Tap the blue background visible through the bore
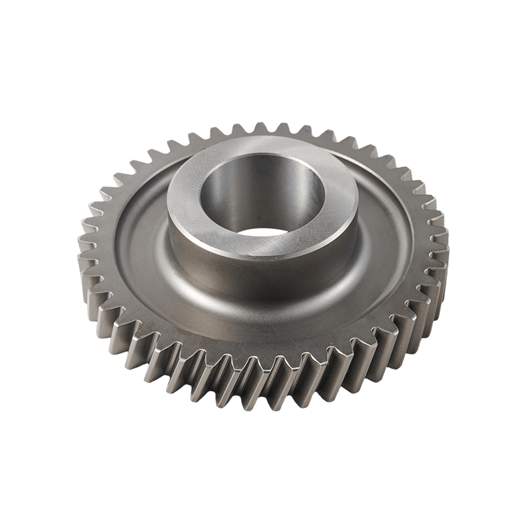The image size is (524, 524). [x=262, y=231]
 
